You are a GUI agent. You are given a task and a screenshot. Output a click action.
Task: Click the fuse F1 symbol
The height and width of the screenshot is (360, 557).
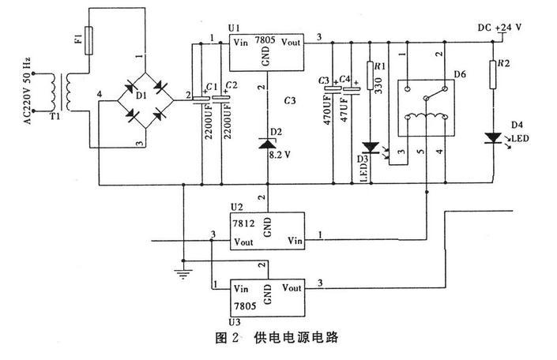[89, 38]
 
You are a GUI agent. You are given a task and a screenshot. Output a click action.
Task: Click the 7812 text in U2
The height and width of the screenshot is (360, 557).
[243, 224]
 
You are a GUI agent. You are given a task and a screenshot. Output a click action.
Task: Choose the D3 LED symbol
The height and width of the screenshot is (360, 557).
[370, 147]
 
